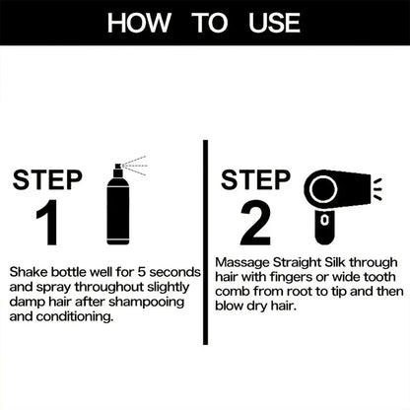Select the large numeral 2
[x=254, y=224]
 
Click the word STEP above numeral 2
[x=255, y=179]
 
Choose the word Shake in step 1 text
[x=28, y=268]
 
